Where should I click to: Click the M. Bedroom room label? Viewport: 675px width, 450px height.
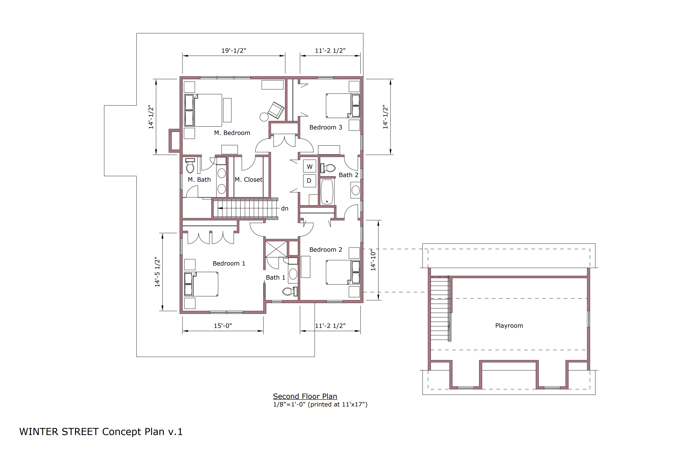[x=232, y=133]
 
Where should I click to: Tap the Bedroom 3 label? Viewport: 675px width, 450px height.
[x=326, y=127]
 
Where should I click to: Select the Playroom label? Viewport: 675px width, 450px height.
[x=509, y=326]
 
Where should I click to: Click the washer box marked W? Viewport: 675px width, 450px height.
[x=310, y=167]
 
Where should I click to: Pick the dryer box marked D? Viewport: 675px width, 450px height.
[x=310, y=181]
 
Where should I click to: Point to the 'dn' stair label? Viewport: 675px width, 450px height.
[x=285, y=209]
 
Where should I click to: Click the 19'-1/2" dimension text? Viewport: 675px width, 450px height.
[x=234, y=50]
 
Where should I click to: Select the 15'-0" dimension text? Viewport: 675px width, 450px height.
[x=223, y=326]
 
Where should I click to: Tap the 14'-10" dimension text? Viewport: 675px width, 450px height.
[x=373, y=260]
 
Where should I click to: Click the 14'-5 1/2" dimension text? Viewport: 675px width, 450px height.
[x=157, y=272]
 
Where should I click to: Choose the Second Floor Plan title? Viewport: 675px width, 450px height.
[x=305, y=396]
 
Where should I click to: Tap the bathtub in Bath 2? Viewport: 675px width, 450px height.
[x=327, y=192]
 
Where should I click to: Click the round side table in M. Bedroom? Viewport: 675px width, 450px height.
[x=264, y=117]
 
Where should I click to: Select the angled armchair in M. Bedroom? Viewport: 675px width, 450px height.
[x=276, y=110]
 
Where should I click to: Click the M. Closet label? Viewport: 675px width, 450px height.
[x=249, y=180]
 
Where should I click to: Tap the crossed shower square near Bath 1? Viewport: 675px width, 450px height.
[x=276, y=249]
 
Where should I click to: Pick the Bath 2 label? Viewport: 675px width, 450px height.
[x=348, y=175]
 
